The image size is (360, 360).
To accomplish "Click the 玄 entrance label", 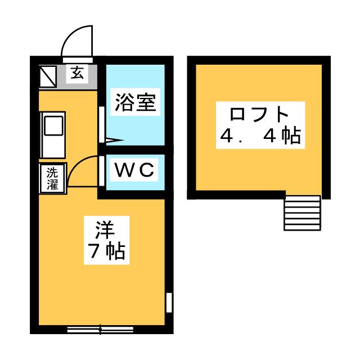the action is pos(76,72).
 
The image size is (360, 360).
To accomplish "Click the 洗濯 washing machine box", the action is pos(52,178).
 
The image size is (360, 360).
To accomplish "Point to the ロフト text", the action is pos(259,114).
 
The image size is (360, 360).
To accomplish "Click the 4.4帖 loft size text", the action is pos(259,136).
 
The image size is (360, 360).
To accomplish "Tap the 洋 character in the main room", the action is pos(105,229).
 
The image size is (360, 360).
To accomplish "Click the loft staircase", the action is pos(302,212).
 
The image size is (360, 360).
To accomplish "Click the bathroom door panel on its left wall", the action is pos(101,124).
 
